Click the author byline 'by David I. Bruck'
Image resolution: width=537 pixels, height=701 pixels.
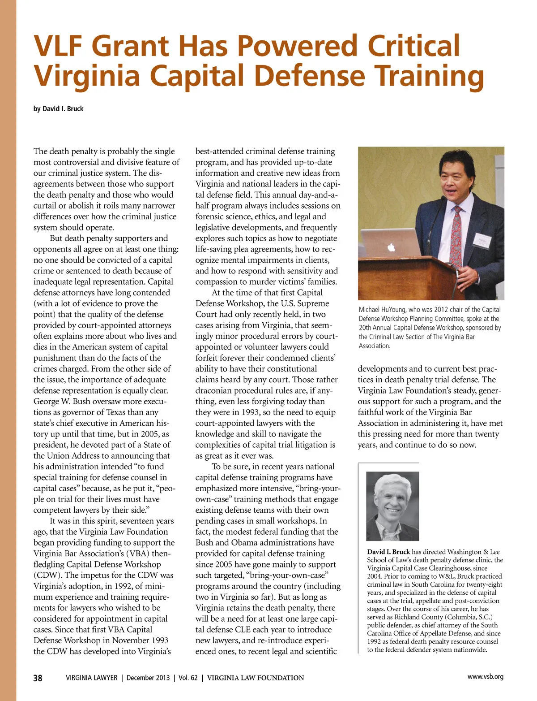point(58,109)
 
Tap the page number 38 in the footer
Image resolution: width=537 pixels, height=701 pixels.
point(38,678)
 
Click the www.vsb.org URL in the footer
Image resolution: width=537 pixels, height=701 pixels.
point(485,677)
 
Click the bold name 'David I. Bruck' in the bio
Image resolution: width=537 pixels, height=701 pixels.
point(388,552)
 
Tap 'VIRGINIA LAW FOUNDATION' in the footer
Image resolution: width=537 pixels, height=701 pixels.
point(256,678)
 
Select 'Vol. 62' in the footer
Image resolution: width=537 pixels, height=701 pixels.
point(188,678)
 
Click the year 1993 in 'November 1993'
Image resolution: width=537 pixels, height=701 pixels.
point(158,640)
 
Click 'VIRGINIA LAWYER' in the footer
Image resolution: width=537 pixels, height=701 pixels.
point(91,678)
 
